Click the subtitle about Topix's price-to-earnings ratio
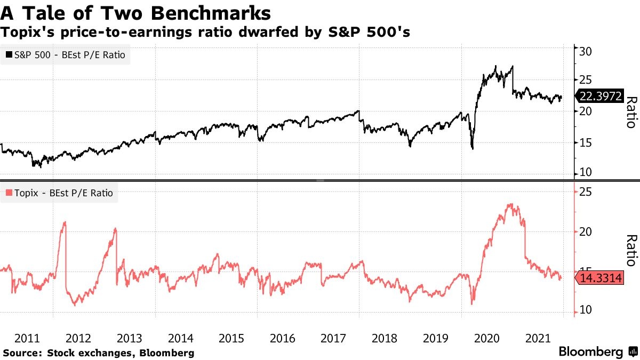[205, 32]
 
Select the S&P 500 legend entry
[66, 55]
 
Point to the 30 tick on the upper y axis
[585, 51]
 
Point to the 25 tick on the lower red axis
[585, 192]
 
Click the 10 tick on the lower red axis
[585, 310]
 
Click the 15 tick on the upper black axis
[585, 142]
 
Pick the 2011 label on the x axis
[27, 338]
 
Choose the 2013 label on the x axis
[129, 338]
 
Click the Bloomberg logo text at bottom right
[590, 352]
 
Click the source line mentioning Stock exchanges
[99, 353]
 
